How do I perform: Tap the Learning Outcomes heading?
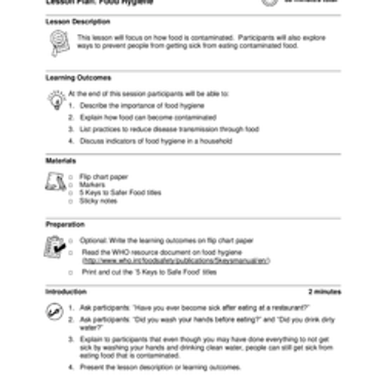tap(78, 78)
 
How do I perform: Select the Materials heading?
tap(60, 161)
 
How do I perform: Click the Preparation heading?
tap(65, 225)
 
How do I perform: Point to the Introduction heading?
tap(66, 291)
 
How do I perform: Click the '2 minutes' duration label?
tap(324, 291)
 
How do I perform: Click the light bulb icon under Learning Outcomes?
tap(56, 100)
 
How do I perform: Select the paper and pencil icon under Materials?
tap(55, 182)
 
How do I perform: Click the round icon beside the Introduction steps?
tap(54, 311)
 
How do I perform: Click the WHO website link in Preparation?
tap(176, 261)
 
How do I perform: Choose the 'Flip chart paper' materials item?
tap(104, 176)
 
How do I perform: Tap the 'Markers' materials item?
tap(93, 185)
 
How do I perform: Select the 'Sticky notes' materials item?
tap(99, 201)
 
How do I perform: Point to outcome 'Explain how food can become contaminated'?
tap(148, 118)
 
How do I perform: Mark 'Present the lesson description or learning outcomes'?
tap(160, 367)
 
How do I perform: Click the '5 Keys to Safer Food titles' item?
tap(121, 193)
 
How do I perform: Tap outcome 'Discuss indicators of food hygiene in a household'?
tap(156, 141)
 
